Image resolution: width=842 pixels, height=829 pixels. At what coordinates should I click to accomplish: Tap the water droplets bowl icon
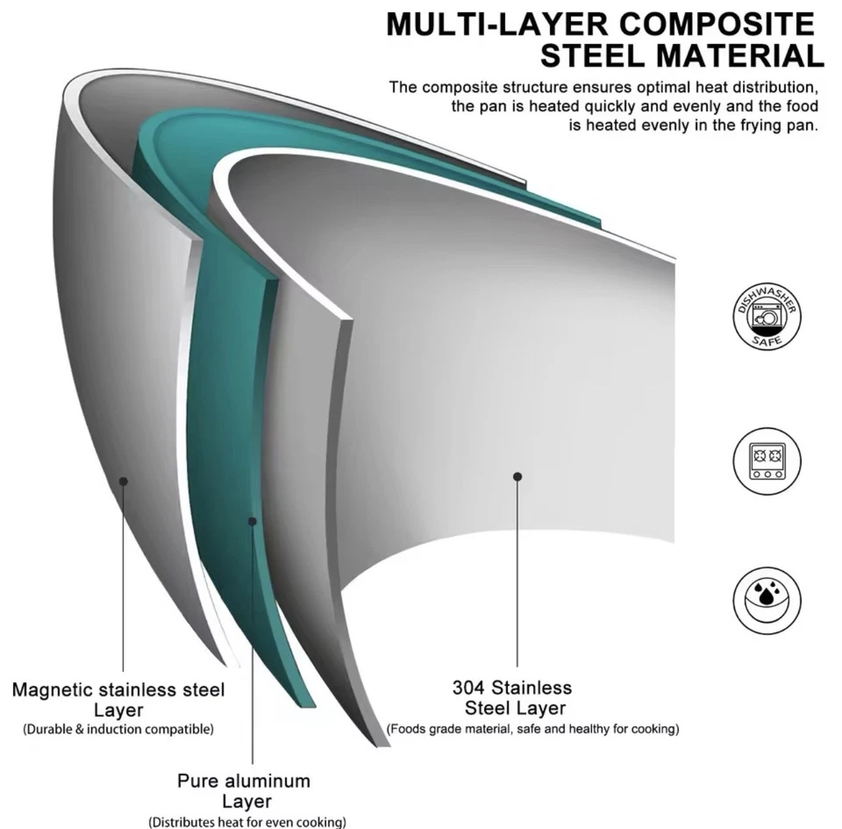coord(767,602)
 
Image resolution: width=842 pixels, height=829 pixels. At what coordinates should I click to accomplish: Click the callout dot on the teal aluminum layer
coord(253,521)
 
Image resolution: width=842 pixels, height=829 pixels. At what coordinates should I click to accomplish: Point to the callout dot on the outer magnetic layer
coord(124,481)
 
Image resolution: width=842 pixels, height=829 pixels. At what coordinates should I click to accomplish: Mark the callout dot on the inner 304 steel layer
coord(517,475)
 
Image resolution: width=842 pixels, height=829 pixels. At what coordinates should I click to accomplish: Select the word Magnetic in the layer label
coord(49,690)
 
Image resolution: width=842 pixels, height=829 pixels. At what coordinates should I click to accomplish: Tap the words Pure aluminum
coord(244,781)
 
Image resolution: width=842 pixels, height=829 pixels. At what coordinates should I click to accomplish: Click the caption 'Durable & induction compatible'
coord(118,729)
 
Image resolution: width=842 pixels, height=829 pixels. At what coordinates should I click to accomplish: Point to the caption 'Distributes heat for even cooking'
coord(247,822)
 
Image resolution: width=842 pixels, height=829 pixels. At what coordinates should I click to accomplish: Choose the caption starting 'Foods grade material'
coord(533,729)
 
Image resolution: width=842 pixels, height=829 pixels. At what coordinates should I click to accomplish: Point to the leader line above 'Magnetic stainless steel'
coord(124,579)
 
